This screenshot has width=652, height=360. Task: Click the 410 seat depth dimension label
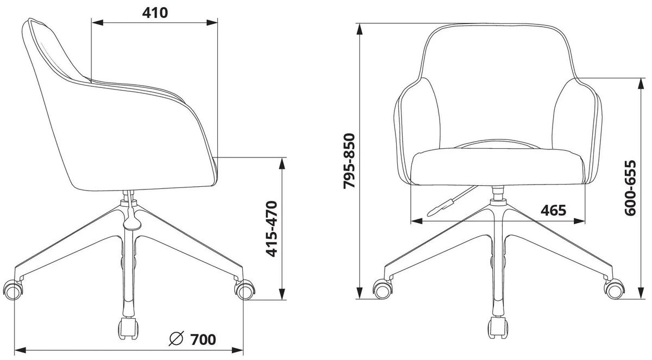click(155, 13)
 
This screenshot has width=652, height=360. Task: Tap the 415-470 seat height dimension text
click(272, 229)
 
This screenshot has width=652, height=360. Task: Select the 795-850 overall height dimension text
click(349, 161)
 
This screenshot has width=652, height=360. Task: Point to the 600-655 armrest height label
click(630, 188)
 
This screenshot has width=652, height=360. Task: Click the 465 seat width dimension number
click(553, 210)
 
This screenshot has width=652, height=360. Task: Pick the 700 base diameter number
click(203, 339)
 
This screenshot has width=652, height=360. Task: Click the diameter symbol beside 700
click(176, 339)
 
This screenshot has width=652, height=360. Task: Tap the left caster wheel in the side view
click(12, 289)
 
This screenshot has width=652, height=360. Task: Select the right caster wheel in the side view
click(244, 289)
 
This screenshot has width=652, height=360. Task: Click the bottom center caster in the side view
click(128, 329)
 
